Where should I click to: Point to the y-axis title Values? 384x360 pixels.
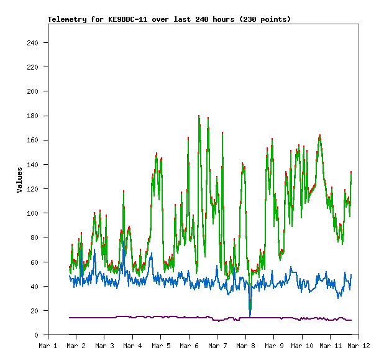(19, 179)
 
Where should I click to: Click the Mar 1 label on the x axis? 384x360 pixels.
(48, 345)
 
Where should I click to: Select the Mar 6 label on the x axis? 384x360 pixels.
(189, 345)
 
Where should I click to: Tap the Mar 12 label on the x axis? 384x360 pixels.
(359, 345)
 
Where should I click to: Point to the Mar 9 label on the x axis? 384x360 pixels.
(274, 345)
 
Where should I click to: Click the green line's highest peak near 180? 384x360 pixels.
(199, 116)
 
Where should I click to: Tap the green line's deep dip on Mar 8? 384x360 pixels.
(250, 309)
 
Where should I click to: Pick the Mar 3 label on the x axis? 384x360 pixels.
(104, 345)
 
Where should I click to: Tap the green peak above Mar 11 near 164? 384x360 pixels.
(320, 135)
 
